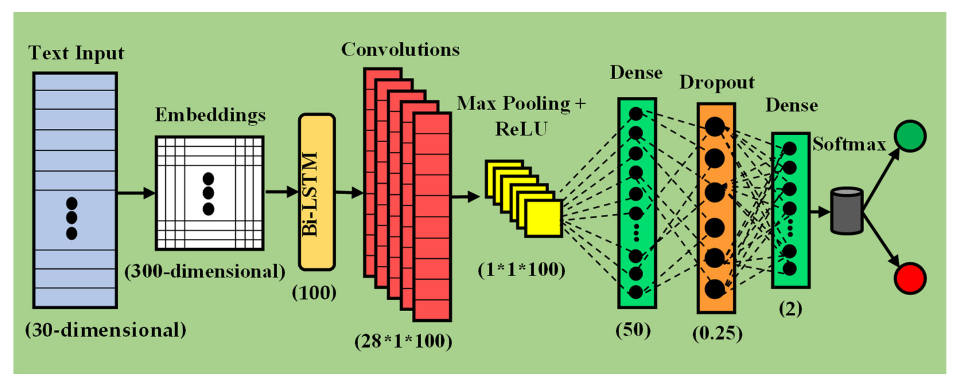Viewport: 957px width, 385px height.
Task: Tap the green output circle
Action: (910, 136)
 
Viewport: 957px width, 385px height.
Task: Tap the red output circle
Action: (910, 278)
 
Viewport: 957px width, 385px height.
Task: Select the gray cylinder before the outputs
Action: (847, 211)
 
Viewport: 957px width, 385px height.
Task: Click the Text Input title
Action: (76, 53)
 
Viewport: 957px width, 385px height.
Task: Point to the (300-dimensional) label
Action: (205, 272)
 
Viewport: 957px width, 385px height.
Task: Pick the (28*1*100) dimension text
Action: (403, 341)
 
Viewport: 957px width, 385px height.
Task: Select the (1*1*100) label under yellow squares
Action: (521, 270)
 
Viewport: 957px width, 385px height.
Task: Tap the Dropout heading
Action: (717, 82)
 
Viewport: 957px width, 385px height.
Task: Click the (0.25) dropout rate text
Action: (717, 333)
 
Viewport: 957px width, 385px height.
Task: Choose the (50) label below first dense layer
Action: (633, 330)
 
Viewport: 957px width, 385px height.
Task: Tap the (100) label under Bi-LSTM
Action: (314, 293)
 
